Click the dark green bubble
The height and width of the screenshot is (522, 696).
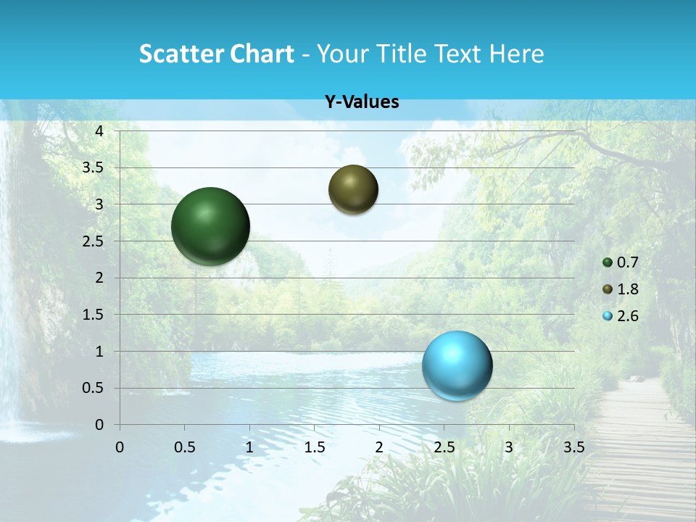210,226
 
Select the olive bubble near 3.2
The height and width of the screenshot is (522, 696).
353,189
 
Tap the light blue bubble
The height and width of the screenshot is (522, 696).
457,365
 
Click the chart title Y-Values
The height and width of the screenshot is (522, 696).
362,102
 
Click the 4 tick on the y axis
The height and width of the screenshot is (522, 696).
100,131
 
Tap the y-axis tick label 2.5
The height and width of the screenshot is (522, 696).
93,241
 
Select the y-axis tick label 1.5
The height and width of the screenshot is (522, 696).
93,315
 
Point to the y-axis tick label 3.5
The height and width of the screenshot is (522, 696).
93,168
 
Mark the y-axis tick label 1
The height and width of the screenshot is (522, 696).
100,352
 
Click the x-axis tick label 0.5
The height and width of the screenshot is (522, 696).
185,447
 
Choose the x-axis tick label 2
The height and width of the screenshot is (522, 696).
379,447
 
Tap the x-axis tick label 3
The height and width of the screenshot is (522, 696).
509,447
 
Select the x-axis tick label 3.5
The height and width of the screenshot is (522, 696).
573,447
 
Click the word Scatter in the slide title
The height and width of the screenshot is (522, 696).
179,54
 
